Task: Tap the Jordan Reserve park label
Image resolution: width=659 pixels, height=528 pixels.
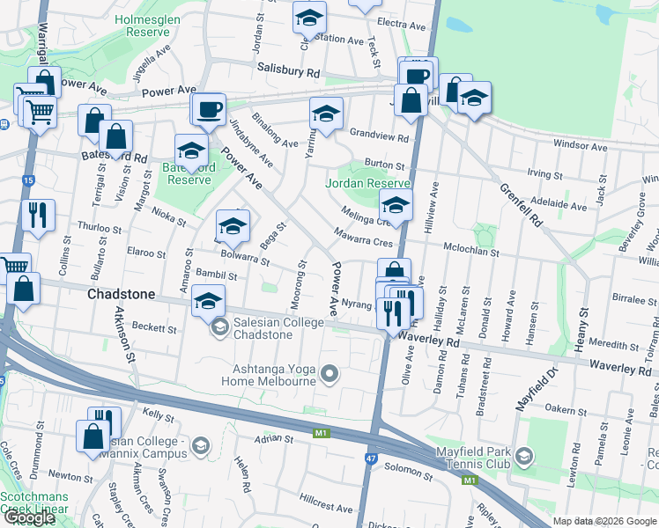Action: [x=368, y=184]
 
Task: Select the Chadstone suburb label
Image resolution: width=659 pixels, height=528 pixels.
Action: [x=122, y=293]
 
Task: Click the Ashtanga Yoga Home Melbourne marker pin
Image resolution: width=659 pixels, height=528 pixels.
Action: [x=330, y=375]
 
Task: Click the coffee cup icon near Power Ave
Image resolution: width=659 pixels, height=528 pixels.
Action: [x=209, y=109]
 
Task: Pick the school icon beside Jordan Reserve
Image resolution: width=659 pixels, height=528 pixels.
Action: [x=396, y=207]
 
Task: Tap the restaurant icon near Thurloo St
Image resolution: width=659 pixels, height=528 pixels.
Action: [x=38, y=215]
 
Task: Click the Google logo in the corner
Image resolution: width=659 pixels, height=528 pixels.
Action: [x=28, y=517]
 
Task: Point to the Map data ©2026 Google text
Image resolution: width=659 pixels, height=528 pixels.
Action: [x=604, y=521]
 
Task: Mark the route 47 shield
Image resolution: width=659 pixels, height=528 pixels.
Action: [x=374, y=459]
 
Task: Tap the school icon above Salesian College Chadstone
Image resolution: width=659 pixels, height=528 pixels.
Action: [x=208, y=302]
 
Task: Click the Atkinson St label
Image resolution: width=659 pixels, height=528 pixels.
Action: [x=122, y=339]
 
